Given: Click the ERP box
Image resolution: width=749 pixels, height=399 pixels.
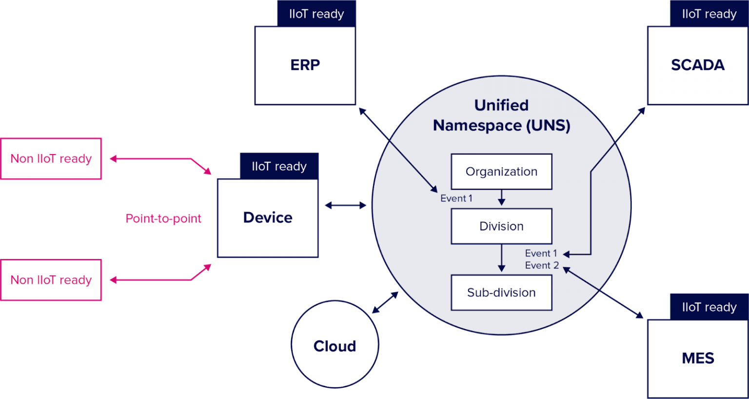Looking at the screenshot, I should (305, 65).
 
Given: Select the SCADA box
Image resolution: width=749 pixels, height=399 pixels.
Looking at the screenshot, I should (697, 65).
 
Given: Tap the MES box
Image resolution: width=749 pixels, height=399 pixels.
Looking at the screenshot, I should (697, 358).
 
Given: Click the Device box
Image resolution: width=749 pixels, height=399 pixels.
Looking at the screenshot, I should (268, 218).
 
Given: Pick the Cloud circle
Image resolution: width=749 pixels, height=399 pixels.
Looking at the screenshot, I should (335, 345).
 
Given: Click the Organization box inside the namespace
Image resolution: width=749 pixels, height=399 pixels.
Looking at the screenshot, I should (501, 172).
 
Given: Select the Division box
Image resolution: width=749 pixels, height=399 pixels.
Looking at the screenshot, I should (501, 226).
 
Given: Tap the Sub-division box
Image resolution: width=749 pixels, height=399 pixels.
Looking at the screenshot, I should (501, 293).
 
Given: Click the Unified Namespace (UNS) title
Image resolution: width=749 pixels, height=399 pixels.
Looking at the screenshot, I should (501, 115).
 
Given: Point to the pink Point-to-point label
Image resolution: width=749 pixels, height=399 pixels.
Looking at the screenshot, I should (163, 219).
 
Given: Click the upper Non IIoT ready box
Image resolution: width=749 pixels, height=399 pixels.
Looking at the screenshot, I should (51, 159).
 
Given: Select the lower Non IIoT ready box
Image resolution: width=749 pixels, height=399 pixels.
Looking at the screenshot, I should (51, 280).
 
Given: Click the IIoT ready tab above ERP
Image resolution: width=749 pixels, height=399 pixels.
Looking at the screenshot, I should (316, 14).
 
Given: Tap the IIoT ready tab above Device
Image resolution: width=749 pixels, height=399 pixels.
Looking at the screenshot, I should (279, 166).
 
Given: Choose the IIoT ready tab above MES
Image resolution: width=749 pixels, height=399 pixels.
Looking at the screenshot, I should (709, 307).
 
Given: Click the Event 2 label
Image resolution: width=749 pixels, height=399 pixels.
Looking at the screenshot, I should (541, 265).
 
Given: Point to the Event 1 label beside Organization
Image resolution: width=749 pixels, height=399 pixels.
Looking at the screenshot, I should (456, 199).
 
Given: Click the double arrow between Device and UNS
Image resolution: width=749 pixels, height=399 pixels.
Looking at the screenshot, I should (345, 205).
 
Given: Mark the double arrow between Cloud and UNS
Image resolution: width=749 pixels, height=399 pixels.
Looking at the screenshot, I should (385, 302).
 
